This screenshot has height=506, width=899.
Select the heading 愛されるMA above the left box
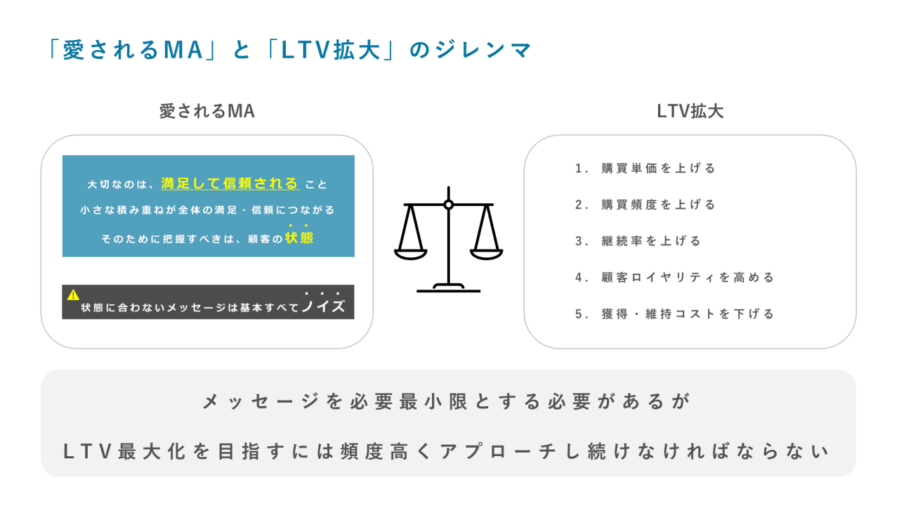tap(206, 112)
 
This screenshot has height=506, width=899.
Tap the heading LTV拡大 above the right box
tap(690, 112)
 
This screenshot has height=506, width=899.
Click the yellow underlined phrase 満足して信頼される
tap(230, 184)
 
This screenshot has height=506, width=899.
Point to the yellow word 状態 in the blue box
tap(299, 238)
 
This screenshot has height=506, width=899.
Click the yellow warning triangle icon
tap(73, 295)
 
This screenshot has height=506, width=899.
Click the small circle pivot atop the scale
tap(449, 205)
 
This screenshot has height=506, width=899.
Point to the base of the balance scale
tap(449, 287)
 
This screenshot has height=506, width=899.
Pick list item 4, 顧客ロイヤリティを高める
tap(674, 278)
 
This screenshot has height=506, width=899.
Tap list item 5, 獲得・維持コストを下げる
tap(674, 314)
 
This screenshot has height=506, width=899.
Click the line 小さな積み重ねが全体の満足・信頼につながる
tap(207, 210)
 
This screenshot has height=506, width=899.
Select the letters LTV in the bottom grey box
tap(88, 451)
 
